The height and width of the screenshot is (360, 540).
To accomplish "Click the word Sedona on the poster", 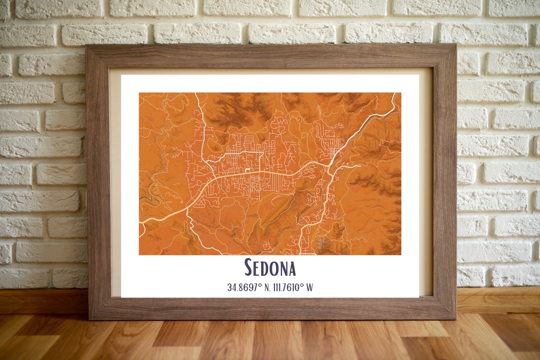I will point(270,267).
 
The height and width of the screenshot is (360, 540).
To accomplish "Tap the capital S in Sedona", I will point(248,267).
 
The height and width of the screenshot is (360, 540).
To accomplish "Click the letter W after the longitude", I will point(309,287).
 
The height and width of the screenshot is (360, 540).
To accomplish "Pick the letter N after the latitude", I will point(263,287).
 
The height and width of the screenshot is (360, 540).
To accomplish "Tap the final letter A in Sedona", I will point(291,268).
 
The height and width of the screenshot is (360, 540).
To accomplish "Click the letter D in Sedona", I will point(264,268).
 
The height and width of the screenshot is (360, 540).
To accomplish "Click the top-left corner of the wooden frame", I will point(86,45).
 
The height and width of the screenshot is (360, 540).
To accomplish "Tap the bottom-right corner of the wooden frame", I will point(455,318).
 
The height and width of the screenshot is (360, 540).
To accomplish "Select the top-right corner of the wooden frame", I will point(455,44).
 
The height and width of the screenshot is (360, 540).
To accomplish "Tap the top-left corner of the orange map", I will point(139,93).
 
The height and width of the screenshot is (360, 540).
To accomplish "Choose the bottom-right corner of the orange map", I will point(400,254).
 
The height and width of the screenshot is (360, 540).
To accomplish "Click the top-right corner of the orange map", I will point(400,93).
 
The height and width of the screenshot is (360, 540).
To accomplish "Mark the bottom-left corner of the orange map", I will point(139,254).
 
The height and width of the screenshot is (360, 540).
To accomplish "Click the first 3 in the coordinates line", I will point(229,287).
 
